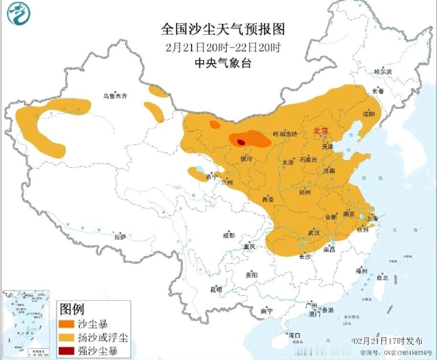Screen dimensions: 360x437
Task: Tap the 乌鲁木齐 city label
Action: (115, 96)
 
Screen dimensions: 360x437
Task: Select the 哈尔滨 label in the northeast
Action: (383, 71)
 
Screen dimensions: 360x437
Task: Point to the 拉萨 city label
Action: (120, 236)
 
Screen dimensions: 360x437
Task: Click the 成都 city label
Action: (229, 235)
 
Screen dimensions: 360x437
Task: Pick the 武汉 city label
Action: (313, 233)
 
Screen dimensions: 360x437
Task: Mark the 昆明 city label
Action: (216, 289)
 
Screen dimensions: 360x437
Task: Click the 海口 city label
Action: (294, 335)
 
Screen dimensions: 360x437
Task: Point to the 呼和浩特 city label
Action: (285, 134)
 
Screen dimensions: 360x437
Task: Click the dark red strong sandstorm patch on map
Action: (241, 142)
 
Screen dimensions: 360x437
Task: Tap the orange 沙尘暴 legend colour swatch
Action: (66, 323)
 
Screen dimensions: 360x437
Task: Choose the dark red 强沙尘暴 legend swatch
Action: (66, 351)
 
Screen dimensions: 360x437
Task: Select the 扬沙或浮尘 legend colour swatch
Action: (66, 338)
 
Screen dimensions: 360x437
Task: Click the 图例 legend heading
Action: (72, 309)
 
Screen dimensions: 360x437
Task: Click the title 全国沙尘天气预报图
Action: (223, 30)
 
